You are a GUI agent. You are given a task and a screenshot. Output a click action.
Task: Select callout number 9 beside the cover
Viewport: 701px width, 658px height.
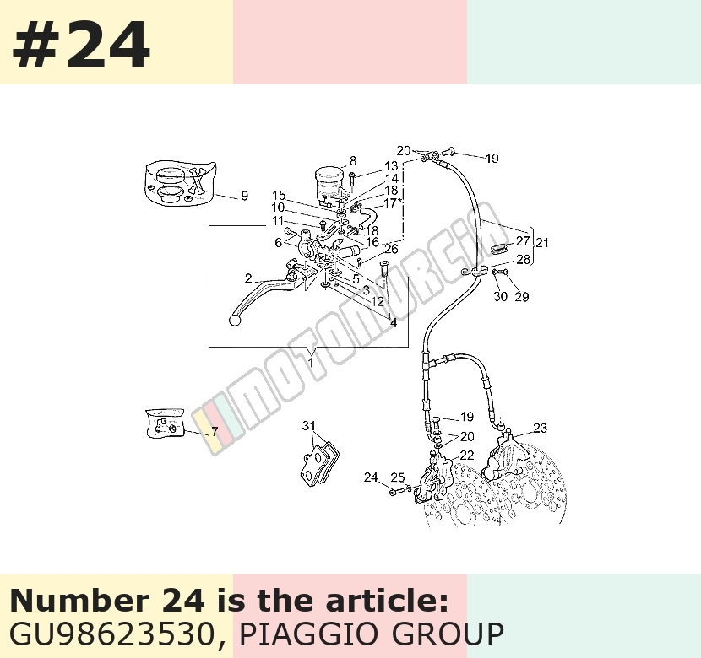pyautogui.click(x=244, y=196)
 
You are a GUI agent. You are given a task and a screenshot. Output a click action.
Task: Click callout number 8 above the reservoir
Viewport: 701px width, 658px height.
pyautogui.click(x=353, y=161)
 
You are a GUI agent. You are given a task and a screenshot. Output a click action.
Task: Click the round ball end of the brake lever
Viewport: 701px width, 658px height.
pyautogui.click(x=235, y=320)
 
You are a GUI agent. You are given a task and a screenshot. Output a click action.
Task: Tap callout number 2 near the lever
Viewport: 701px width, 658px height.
pyautogui.click(x=248, y=278)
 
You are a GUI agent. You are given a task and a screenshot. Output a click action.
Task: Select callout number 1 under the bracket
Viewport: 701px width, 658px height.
pyautogui.click(x=311, y=362)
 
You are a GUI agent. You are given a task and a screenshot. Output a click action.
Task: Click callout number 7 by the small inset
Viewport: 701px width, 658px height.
pyautogui.click(x=215, y=431)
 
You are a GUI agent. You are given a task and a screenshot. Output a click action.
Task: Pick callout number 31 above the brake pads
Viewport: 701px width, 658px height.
pyautogui.click(x=309, y=426)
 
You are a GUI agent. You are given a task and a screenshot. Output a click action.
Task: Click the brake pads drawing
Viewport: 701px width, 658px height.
pyautogui.click(x=319, y=463)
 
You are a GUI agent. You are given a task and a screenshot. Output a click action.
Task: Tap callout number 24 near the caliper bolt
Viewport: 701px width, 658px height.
pyautogui.click(x=371, y=477)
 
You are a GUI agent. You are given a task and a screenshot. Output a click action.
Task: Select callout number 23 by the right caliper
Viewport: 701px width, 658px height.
pyautogui.click(x=540, y=428)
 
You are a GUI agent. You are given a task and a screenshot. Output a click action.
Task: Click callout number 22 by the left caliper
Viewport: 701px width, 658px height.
pyautogui.click(x=467, y=455)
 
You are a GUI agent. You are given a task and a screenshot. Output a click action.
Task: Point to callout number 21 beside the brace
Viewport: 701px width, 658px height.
pyautogui.click(x=542, y=243)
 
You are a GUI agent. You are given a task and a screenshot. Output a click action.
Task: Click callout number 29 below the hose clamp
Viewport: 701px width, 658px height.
pyautogui.click(x=522, y=296)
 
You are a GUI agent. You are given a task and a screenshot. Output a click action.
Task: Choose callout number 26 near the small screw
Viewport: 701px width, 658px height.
pyautogui.click(x=391, y=249)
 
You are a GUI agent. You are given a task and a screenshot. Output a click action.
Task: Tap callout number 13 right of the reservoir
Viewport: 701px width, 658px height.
pyautogui.click(x=391, y=165)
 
